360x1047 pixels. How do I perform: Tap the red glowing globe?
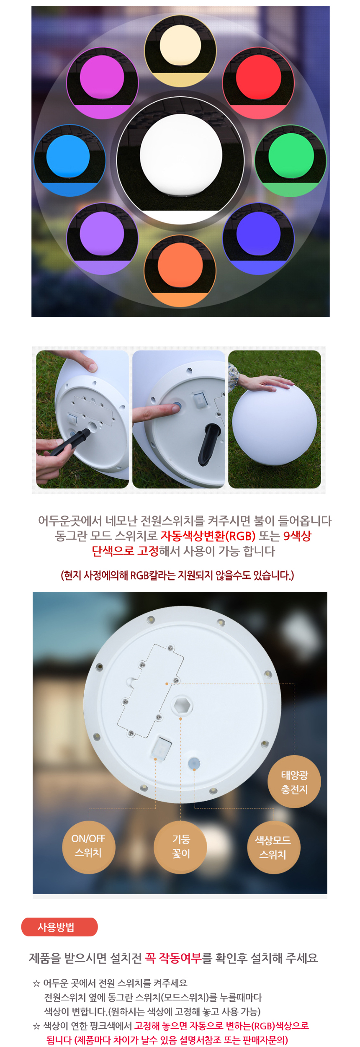[258, 78]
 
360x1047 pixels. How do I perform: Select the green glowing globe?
[291, 155]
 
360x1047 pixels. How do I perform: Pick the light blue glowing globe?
[68, 157]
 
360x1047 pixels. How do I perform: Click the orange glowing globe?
[180, 266]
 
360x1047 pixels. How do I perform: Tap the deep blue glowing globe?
[258, 233]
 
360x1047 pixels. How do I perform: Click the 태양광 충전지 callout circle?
[294, 781]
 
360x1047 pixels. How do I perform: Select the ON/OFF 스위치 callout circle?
[88, 847]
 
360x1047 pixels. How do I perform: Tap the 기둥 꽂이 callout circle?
[180, 847]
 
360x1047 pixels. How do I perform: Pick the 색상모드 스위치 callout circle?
[274, 847]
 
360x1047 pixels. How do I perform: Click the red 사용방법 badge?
[59, 927]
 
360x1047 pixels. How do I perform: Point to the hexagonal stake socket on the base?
[182, 706]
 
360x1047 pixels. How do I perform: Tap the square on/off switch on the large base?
[161, 747]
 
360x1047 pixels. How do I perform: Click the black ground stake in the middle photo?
[209, 444]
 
